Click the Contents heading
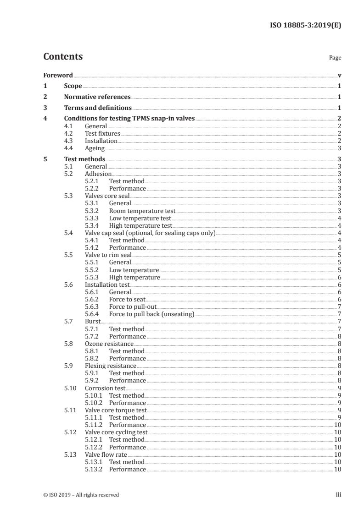point(63,57)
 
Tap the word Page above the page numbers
point(335,58)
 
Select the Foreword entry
point(58,75)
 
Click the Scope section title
point(73,86)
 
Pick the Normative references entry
point(97,97)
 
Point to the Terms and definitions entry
point(98,108)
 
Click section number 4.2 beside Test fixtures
point(69,134)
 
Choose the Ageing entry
point(95,148)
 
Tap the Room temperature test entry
point(142,211)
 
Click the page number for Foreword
point(339,75)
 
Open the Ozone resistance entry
point(109,344)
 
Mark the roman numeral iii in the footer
point(339,495)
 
